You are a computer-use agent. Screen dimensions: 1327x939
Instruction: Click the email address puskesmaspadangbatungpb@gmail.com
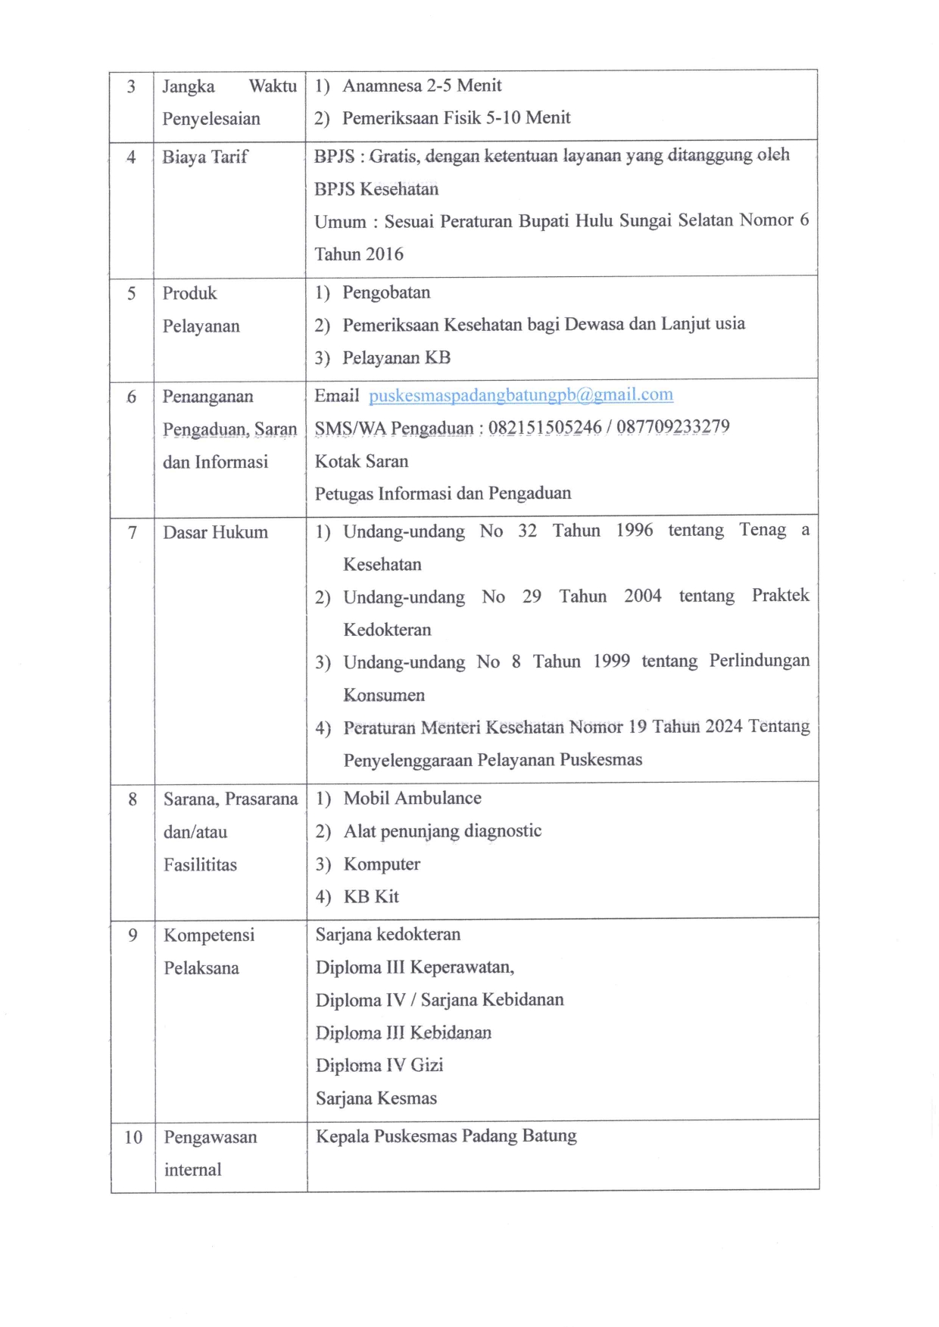(x=521, y=395)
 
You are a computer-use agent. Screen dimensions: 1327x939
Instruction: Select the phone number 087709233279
(x=672, y=427)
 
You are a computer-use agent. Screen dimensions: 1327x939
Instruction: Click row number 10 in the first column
(x=133, y=1137)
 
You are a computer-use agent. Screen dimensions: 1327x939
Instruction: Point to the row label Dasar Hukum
(x=216, y=532)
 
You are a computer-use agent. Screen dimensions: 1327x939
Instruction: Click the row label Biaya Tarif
(x=205, y=157)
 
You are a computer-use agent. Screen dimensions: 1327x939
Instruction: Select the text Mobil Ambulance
(x=412, y=798)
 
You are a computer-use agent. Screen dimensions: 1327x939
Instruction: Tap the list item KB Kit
(x=371, y=897)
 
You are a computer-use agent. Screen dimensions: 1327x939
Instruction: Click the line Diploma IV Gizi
(x=379, y=1065)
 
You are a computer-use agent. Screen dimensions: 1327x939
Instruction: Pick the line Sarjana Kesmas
(x=376, y=1098)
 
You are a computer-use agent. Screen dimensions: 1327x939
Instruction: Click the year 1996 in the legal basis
(x=634, y=530)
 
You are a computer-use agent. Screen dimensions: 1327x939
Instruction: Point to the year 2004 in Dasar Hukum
(x=642, y=596)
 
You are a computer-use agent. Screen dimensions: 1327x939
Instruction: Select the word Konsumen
(x=384, y=695)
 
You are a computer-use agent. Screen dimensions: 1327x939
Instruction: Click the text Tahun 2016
(x=359, y=254)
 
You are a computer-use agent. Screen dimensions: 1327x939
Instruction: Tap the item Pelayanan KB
(x=396, y=358)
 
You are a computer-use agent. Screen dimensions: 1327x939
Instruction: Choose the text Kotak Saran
(x=361, y=461)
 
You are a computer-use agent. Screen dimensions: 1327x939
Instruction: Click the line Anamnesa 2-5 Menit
(x=422, y=86)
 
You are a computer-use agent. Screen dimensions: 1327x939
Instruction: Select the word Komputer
(x=382, y=864)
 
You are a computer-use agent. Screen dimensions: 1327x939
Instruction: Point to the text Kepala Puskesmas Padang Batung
(x=446, y=1136)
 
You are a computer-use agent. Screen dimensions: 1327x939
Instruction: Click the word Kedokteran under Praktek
(x=387, y=630)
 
